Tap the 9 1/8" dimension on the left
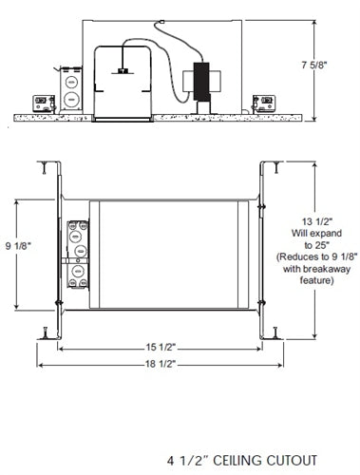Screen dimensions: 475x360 coord(19,244)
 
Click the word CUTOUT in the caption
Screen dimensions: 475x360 coord(283,458)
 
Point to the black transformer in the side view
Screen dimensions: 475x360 coord(201,81)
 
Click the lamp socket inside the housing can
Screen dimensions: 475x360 coord(123,70)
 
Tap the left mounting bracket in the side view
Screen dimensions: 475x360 coord(43,100)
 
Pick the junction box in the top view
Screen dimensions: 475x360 coord(76,260)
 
